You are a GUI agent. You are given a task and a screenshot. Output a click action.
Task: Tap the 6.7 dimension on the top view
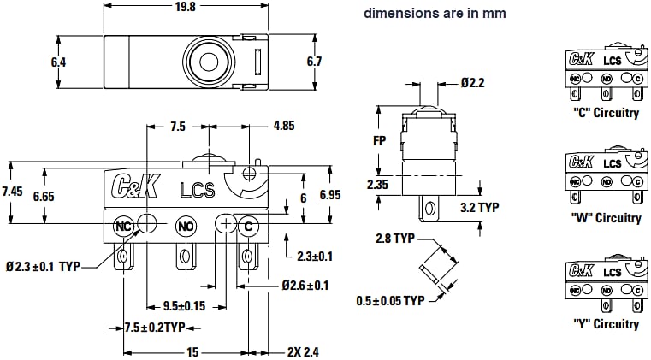pyautogui.click(x=313, y=62)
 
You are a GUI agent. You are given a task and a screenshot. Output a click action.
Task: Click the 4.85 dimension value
pyautogui.click(x=284, y=126)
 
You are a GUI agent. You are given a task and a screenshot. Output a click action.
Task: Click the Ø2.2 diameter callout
pyautogui.click(x=471, y=84)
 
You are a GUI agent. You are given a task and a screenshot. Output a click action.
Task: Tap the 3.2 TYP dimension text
pyautogui.click(x=479, y=207)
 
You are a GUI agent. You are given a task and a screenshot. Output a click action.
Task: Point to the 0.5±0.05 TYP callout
pyautogui.click(x=390, y=300)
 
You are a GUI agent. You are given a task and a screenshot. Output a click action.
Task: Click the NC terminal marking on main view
pyautogui.click(x=123, y=226)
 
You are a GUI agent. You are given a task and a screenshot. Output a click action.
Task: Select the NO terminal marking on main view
pyautogui.click(x=186, y=226)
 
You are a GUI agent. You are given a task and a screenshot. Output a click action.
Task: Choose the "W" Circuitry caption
pyautogui.click(x=606, y=217)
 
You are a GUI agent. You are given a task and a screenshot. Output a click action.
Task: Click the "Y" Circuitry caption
pyautogui.click(x=605, y=324)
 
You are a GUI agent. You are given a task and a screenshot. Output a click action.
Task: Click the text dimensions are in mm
pyautogui.click(x=435, y=13)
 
